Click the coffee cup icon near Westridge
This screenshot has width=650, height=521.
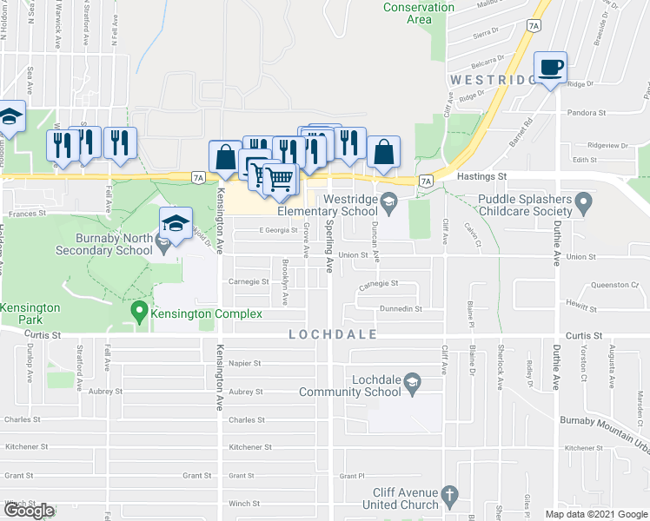(551, 68)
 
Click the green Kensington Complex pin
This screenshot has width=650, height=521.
(137, 310)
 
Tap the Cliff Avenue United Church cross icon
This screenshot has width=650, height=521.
(448, 495)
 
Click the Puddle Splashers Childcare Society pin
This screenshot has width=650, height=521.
(584, 204)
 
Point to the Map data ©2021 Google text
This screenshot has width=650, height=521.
(595, 514)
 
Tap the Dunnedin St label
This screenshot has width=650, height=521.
(400, 308)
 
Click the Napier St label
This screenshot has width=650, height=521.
(246, 364)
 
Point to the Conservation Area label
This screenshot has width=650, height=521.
(419, 13)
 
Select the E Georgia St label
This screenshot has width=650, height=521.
(278, 230)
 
